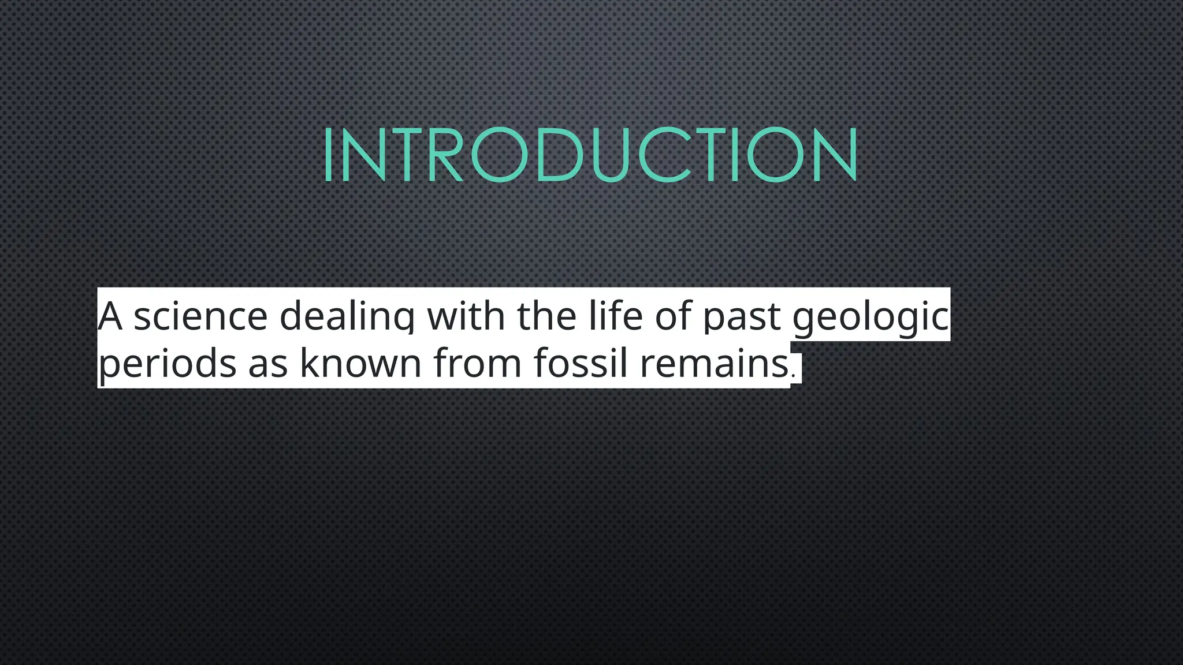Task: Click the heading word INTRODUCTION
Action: pos(590,154)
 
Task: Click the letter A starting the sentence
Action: pos(110,316)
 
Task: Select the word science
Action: pos(200,316)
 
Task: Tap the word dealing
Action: pos(347,316)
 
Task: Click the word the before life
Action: pos(546,316)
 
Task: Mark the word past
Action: pos(742,317)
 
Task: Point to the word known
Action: pos(360,364)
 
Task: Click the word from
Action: pos(477,364)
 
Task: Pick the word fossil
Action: pos(580,364)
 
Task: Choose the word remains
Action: pos(714,364)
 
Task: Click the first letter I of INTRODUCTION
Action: pos(328,154)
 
